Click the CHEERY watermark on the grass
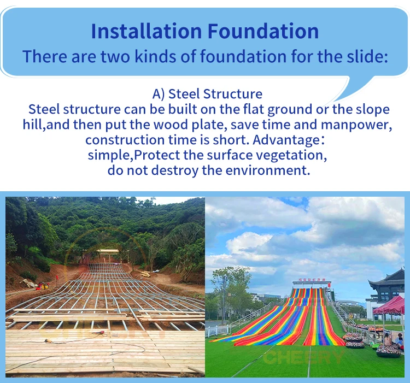(x=303, y=357)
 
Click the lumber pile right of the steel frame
(x=144, y=274)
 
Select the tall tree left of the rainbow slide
(x=224, y=290)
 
